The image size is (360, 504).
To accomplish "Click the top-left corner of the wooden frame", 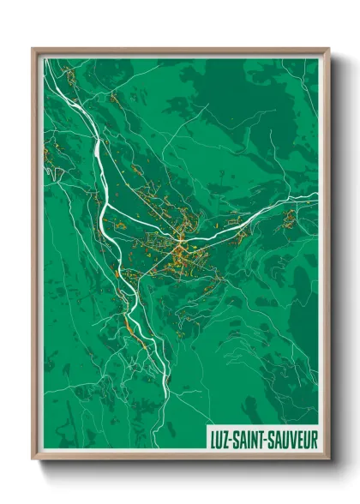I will [33, 50].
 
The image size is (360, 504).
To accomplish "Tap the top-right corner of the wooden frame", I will [327, 50].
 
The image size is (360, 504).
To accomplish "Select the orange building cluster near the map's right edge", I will [290, 219].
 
